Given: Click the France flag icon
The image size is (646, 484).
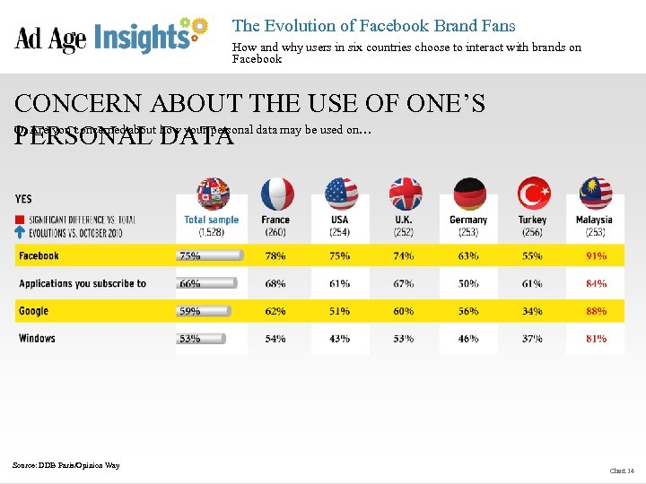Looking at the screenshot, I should [x=277, y=194].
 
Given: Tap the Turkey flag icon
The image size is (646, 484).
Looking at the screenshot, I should [x=534, y=194].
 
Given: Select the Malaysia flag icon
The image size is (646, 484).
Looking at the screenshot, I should [x=595, y=194].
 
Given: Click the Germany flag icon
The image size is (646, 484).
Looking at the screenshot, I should [x=469, y=194].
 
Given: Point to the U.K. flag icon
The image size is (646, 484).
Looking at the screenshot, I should [x=406, y=194].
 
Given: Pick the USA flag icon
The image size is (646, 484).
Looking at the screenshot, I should [x=341, y=194].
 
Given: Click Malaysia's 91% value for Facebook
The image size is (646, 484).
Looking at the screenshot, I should [x=596, y=256].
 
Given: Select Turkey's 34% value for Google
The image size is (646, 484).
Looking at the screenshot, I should [x=532, y=311].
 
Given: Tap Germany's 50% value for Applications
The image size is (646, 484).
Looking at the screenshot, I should [x=467, y=284].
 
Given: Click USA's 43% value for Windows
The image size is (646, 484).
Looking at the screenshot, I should [x=339, y=339].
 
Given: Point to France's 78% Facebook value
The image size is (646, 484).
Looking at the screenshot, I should [x=275, y=256].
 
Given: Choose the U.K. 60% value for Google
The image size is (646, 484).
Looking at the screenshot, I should [x=404, y=311].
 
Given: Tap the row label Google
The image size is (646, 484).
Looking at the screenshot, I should [x=33, y=311].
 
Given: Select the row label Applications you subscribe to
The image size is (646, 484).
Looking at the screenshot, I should [x=82, y=284].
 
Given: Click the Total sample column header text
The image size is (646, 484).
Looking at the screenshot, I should [x=212, y=220].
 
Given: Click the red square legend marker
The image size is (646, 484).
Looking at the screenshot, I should [x=20, y=220].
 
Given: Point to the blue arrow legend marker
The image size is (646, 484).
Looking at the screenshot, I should [x=20, y=232].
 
